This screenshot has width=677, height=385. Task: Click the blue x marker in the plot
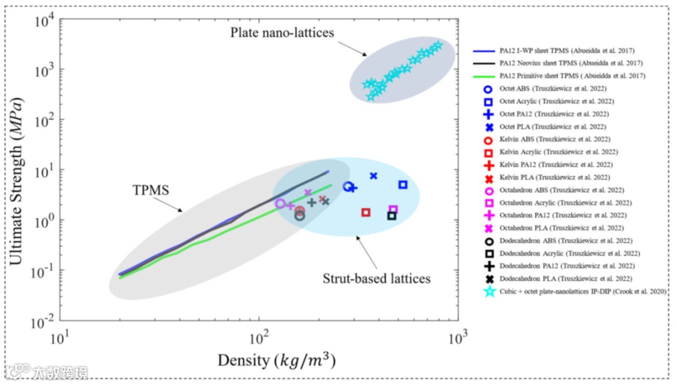pyautogui.click(x=374, y=176)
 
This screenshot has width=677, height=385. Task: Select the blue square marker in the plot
pyautogui.click(x=403, y=185)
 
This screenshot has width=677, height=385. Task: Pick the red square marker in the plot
pyautogui.click(x=366, y=212)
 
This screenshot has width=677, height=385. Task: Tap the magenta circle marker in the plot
pyautogui.click(x=280, y=203)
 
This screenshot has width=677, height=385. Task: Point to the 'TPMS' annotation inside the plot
pyautogui.click(x=150, y=189)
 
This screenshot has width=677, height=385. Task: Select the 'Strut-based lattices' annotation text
pyautogui.click(x=377, y=278)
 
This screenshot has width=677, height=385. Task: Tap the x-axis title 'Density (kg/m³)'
pyautogui.click(x=275, y=361)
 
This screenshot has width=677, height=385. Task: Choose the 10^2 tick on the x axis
pyautogui.click(x=259, y=337)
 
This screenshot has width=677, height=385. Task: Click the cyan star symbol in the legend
pyautogui.click(x=490, y=291)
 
